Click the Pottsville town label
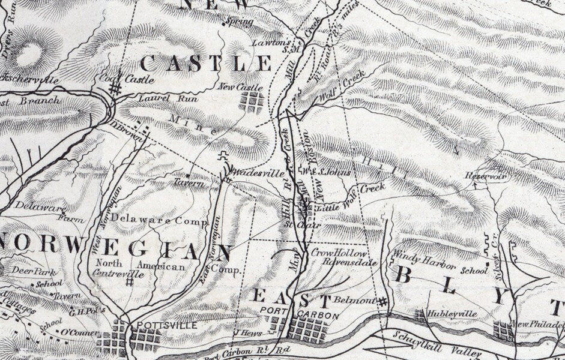point(159,325)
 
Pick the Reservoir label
point(486,176)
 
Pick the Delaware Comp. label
point(159,221)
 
